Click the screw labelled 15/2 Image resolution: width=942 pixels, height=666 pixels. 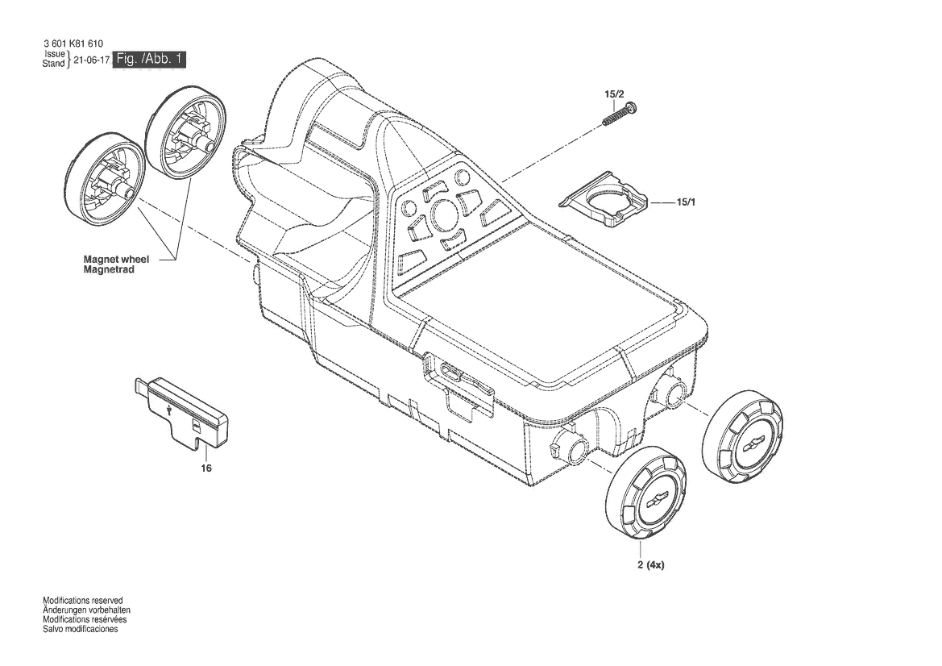click(620, 114)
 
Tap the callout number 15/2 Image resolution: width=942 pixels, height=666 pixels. click(614, 94)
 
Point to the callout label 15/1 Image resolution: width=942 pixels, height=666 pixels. click(686, 202)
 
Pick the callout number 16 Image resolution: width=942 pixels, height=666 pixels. click(206, 468)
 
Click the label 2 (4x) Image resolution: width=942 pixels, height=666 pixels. click(651, 565)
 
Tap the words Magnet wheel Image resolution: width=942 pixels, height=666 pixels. click(117, 260)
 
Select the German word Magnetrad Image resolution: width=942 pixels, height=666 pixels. click(109, 270)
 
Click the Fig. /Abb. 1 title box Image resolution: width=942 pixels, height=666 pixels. click(149, 59)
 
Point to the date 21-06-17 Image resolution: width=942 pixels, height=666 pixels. click(91, 60)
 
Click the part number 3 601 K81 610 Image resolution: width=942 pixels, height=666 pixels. click(73, 44)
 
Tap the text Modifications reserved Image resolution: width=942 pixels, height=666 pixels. click(83, 601)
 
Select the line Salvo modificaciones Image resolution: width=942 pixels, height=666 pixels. click(81, 630)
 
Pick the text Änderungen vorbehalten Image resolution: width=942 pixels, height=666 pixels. click(86, 610)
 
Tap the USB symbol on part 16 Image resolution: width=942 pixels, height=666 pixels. click(172, 411)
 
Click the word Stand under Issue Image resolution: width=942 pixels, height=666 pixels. click(53, 64)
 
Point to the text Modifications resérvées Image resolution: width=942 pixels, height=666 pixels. click(85, 620)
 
